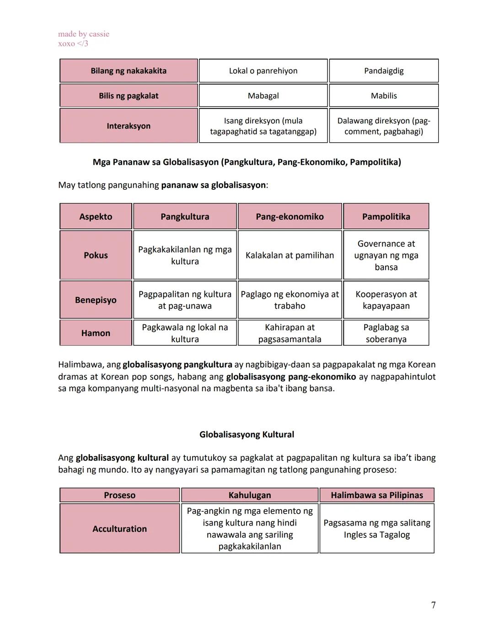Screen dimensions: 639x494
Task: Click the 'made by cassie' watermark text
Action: (84, 34)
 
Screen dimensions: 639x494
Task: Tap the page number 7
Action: (433, 605)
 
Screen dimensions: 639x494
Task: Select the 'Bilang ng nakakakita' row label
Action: (129, 71)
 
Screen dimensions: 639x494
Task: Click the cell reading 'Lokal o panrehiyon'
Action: (263, 71)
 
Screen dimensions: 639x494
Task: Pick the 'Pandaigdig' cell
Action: (384, 71)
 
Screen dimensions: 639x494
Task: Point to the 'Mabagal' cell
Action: (263, 96)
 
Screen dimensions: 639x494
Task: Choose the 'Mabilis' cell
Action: (384, 96)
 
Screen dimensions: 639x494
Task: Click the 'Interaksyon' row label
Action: (129, 126)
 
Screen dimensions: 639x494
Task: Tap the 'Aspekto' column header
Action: (96, 216)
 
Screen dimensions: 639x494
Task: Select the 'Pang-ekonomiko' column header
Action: (290, 216)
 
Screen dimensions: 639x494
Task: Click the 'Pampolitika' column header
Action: (386, 216)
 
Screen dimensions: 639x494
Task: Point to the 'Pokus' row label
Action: (96, 255)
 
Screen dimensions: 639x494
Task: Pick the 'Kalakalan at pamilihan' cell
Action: (290, 255)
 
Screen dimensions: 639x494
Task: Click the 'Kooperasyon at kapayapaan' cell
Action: (386, 300)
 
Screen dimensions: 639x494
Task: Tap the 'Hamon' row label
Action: (96, 333)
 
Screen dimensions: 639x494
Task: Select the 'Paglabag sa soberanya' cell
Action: (386, 333)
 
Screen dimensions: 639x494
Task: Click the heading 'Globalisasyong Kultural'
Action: (247, 435)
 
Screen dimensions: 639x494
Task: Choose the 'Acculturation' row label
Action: (119, 529)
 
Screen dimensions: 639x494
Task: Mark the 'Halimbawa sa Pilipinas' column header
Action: (377, 495)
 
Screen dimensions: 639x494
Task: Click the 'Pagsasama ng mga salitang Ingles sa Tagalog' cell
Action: (377, 529)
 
